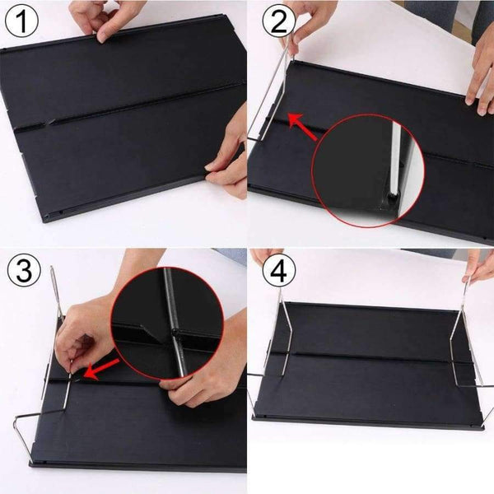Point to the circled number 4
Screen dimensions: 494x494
[278, 270]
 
